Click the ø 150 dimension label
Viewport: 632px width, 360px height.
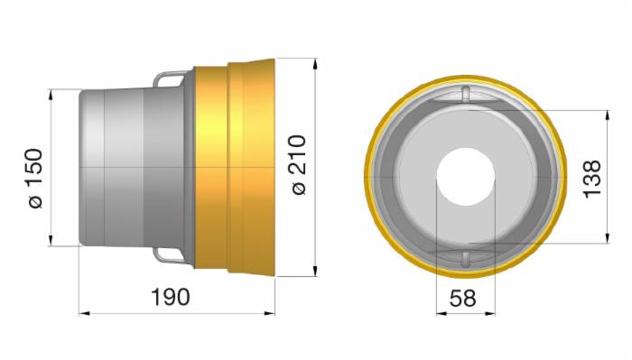(x=34, y=179)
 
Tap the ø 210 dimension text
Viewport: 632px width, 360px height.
(x=299, y=165)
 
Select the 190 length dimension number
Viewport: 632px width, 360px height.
(x=170, y=297)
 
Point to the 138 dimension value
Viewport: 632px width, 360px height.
(x=592, y=180)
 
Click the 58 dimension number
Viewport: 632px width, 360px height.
(x=462, y=299)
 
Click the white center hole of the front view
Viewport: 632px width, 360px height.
(x=466, y=177)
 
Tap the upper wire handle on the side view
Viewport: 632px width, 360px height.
(x=171, y=78)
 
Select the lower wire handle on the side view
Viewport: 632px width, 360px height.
(x=171, y=255)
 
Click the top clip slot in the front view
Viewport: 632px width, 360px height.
(x=466, y=94)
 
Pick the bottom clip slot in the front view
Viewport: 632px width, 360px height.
(x=466, y=260)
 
